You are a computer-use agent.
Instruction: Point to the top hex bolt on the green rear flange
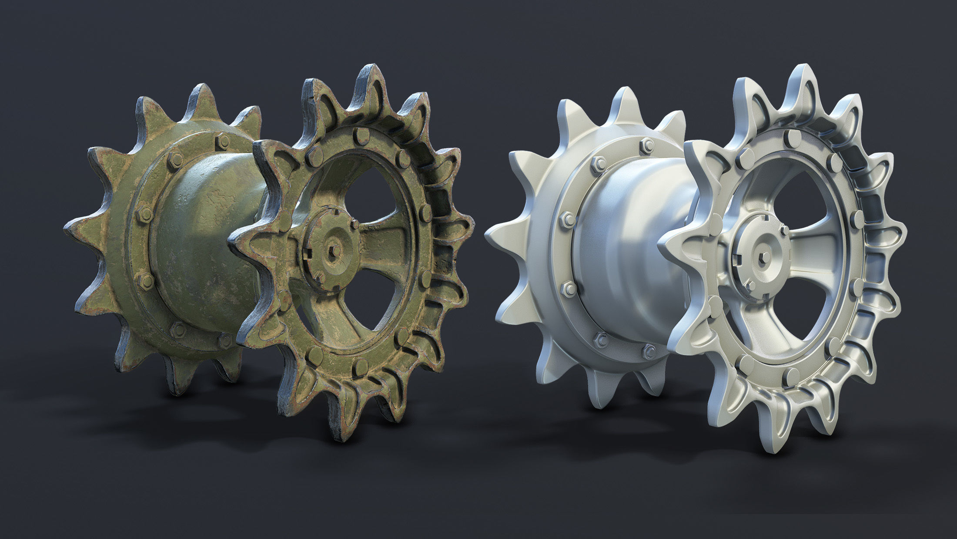pyautogui.click(x=223, y=140)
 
